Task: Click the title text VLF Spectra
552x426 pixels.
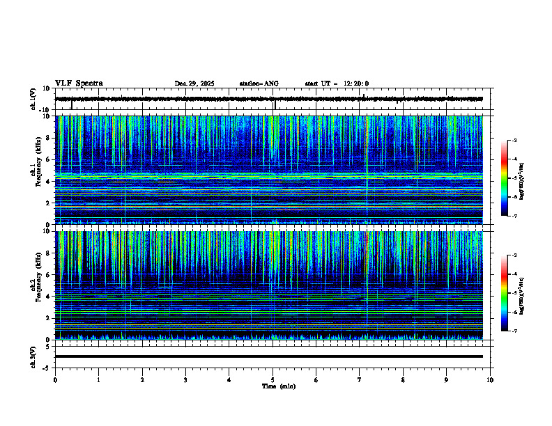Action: [x=79, y=84]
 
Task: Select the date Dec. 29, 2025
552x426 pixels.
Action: [x=194, y=84]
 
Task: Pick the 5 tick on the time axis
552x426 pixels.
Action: [x=273, y=380]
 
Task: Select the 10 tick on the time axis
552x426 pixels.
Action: [x=490, y=380]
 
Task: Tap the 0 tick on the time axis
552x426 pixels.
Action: [x=55, y=380]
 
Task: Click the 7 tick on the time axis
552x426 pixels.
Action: [x=360, y=380]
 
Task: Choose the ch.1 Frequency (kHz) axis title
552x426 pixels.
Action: [x=36, y=171]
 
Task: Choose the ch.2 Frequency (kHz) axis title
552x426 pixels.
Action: [x=36, y=285]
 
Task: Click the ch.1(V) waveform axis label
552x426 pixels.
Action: [x=33, y=99]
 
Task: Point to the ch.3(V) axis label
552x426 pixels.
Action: [x=33, y=356]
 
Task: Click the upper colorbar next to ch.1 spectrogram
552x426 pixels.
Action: [x=504, y=177]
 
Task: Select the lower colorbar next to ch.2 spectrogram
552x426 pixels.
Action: [x=504, y=292]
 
